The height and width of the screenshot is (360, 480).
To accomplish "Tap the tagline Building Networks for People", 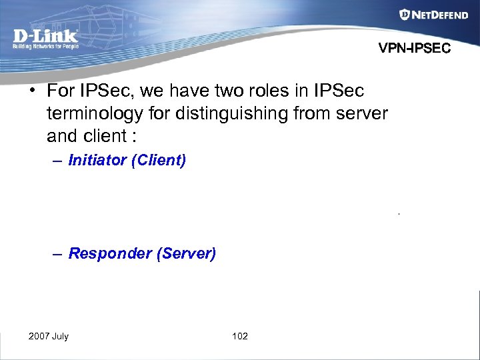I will tap(45, 46).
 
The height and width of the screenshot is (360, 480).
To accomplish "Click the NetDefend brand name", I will tap(441, 15).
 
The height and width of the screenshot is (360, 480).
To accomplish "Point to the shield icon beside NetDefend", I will tap(405, 15).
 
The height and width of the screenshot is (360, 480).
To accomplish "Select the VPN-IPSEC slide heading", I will tap(415, 49).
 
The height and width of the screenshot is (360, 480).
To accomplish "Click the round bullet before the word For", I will tap(33, 90).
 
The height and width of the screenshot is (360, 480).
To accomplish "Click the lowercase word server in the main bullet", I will tap(360, 114).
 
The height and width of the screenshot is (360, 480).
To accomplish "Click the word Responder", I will tap(109, 253).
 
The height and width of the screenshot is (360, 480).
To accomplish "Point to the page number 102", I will tap(240, 336).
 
